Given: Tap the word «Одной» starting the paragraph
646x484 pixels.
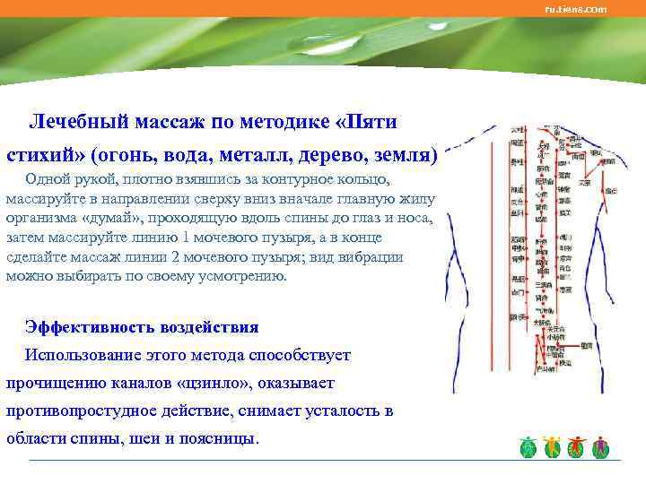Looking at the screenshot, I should click(x=48, y=180).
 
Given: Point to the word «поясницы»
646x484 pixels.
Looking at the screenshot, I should click(x=219, y=439).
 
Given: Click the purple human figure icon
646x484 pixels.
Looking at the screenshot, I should click(x=600, y=445).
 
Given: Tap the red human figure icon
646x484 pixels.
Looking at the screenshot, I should click(x=576, y=445).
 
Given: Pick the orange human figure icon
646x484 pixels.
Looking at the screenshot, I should click(x=552, y=445).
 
